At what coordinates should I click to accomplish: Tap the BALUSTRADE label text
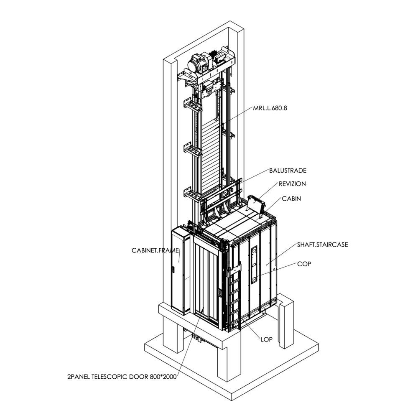pyautogui.click(x=288, y=171)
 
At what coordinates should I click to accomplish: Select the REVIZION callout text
pyautogui.click(x=292, y=184)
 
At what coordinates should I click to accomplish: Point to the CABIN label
pyautogui.click(x=291, y=199)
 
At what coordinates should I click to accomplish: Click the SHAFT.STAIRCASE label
pyautogui.click(x=322, y=244)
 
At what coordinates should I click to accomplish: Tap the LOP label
pyautogui.click(x=266, y=339)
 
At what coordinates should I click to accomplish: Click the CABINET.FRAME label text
pyautogui.click(x=155, y=250)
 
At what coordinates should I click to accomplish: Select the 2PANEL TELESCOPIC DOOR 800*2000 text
pyautogui.click(x=121, y=377)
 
